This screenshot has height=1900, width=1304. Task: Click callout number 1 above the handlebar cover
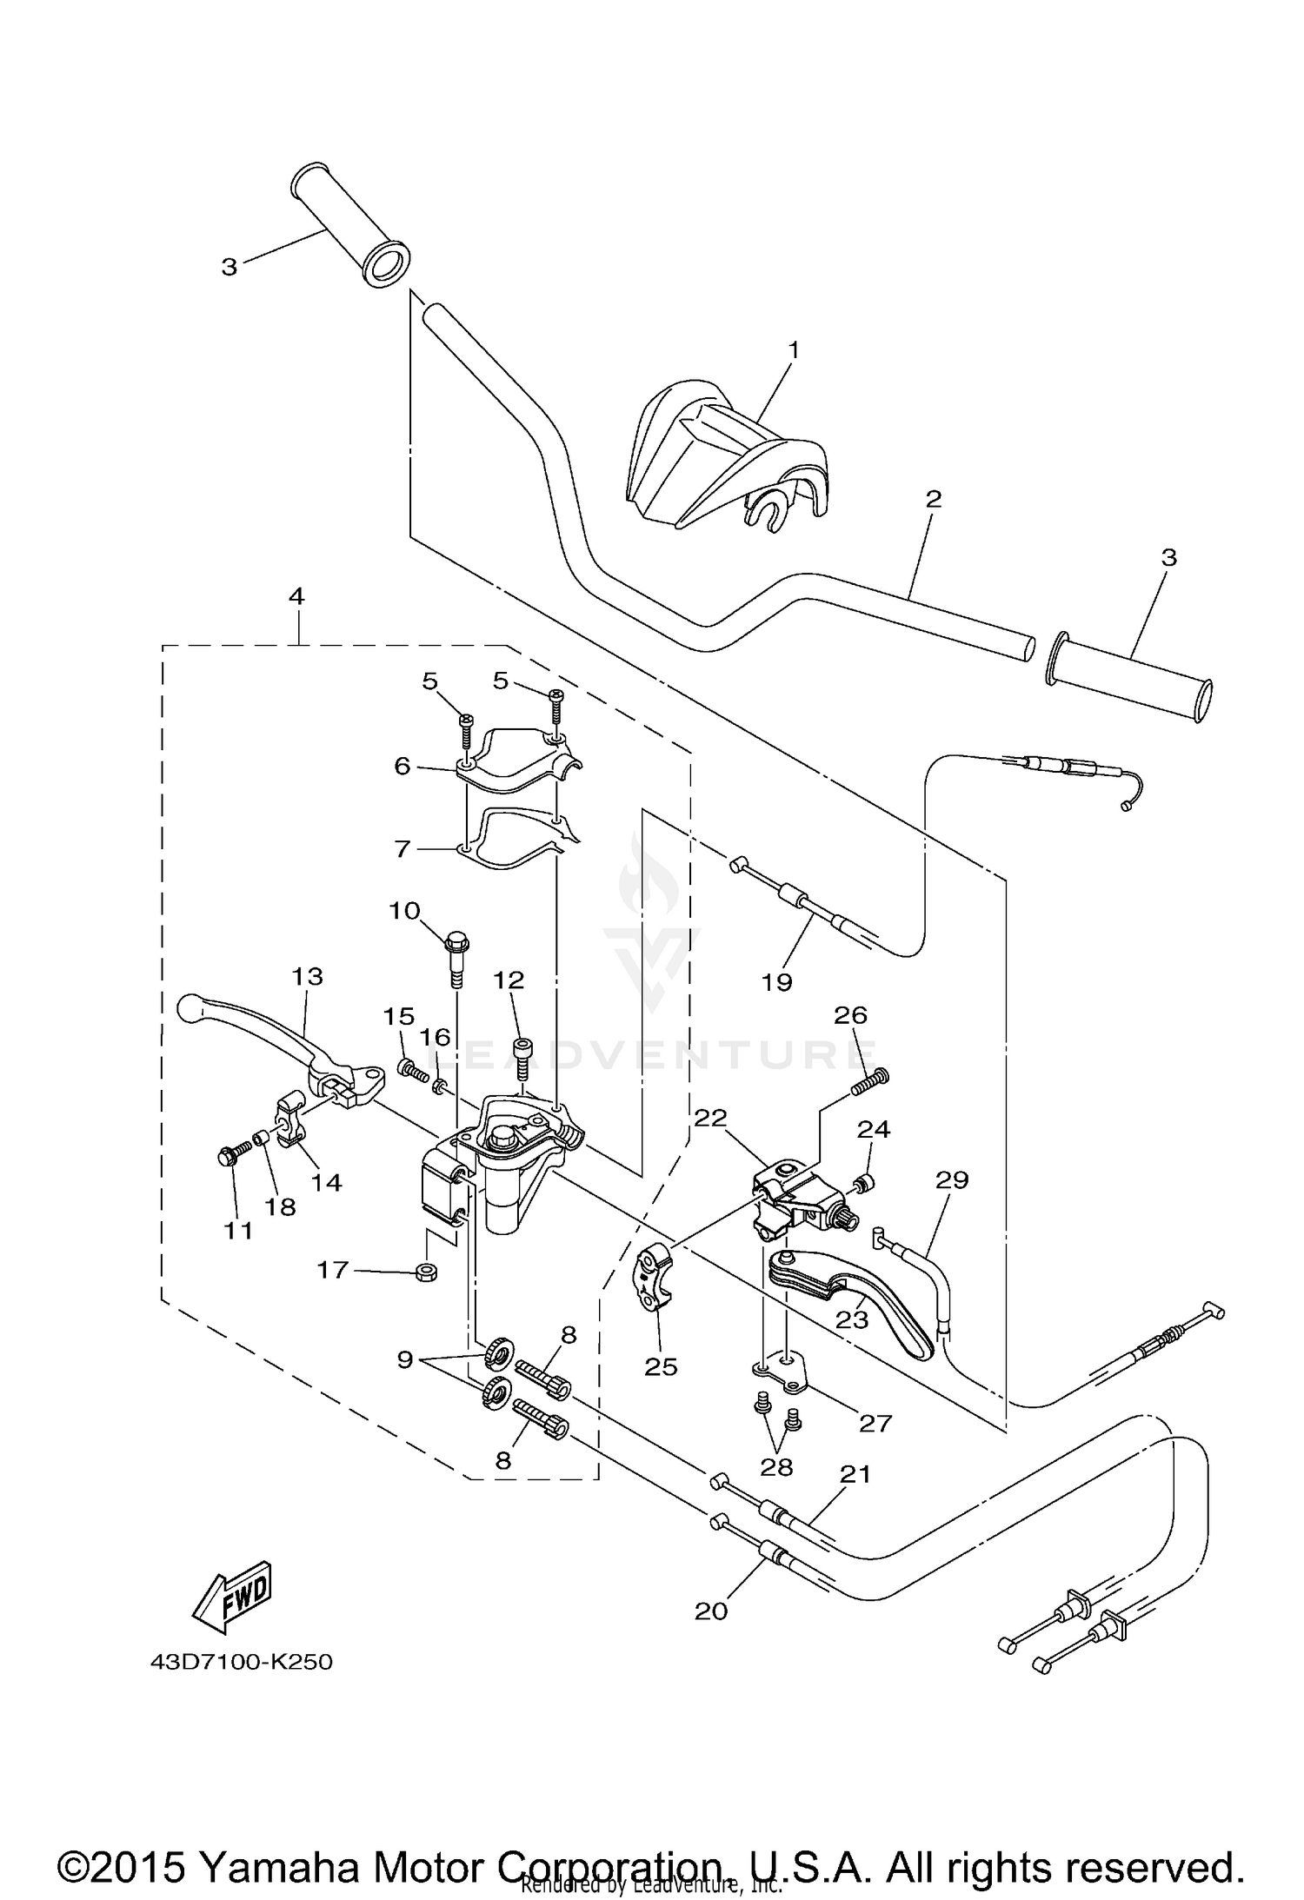click(x=793, y=349)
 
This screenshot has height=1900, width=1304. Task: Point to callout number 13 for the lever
click(x=307, y=976)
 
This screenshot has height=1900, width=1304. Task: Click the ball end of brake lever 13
click(x=189, y=1008)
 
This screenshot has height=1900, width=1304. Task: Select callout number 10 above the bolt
click(x=404, y=910)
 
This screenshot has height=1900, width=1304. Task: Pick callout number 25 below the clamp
click(x=661, y=1366)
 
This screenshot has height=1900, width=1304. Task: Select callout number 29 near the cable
click(x=952, y=1179)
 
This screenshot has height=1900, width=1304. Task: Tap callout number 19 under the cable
click(x=776, y=981)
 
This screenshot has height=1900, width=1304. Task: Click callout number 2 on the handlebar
click(x=933, y=499)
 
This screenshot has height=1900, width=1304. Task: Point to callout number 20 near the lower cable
click(x=710, y=1611)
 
